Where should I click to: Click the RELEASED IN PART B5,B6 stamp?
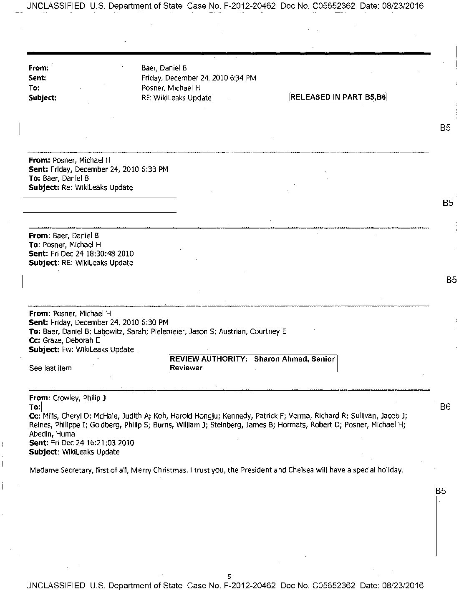pos(338,98)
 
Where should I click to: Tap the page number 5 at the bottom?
pos(229,577)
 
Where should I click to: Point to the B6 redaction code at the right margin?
pos(445,407)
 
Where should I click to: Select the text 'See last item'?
pos(50,368)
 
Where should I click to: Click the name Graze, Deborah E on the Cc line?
pos(71,340)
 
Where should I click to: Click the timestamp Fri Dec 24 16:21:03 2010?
pos(92,443)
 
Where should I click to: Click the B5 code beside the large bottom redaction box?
pos(441,491)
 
